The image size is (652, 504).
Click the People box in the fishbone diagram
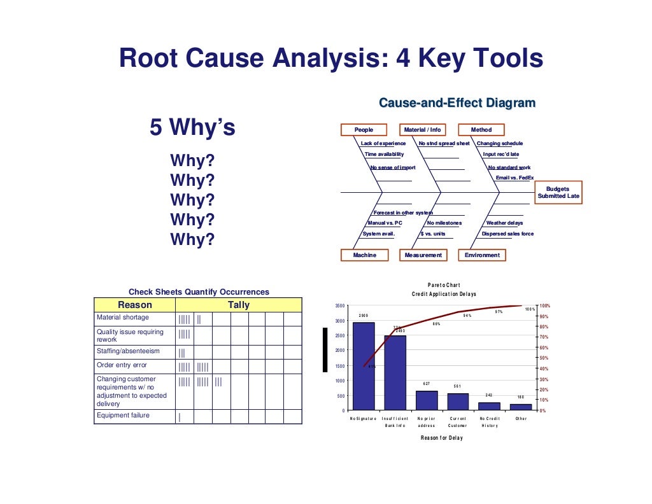pos(364,130)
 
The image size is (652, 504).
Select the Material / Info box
pos(422,130)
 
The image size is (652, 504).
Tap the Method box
pos(481,130)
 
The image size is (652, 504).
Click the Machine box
pos(364,255)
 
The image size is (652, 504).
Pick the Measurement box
pos(423,255)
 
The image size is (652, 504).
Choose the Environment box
pos(482,255)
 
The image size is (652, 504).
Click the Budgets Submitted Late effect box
pos(558,193)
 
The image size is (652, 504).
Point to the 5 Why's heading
pos(192,128)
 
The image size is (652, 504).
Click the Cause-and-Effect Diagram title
pos(457,103)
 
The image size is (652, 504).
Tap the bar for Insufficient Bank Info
pos(395,372)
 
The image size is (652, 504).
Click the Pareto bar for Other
pos(521,407)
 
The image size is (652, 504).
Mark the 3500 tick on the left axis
pos(340,306)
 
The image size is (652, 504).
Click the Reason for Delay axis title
pos(441,438)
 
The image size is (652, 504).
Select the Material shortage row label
pos(123,318)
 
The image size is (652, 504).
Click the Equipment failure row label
pos(123,416)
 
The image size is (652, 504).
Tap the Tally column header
pos(239,305)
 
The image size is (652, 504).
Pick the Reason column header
pos(135,305)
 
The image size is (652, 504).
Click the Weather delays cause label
pos(504,223)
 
